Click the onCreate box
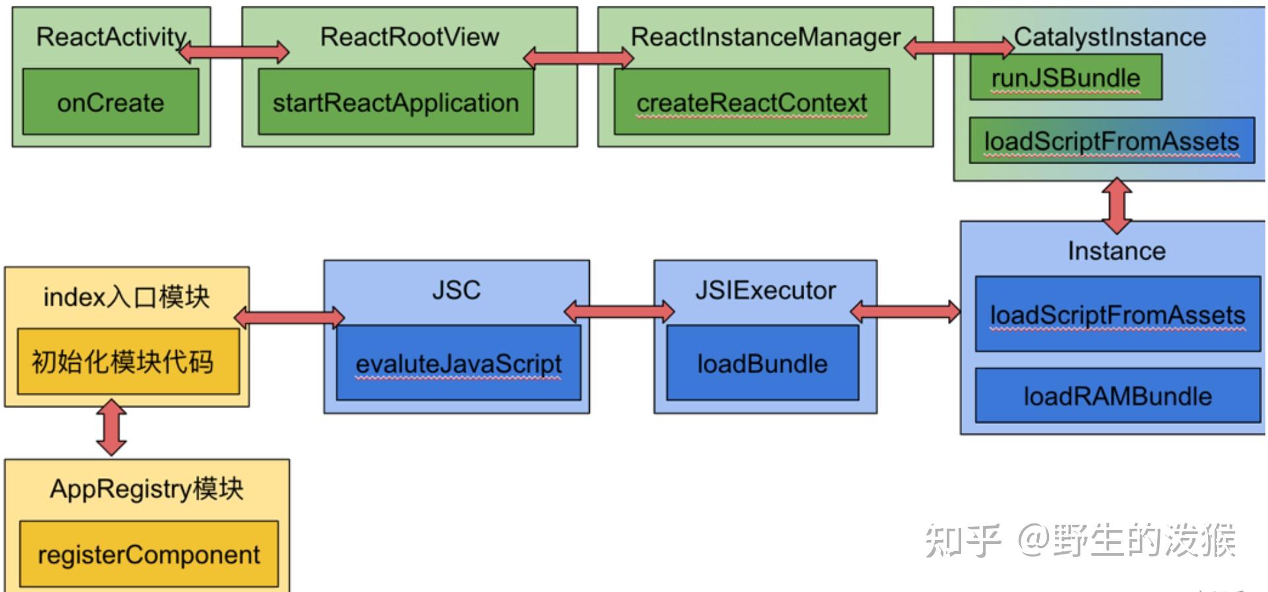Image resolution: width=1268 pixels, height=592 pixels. click(111, 102)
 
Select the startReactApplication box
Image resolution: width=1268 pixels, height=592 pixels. click(396, 102)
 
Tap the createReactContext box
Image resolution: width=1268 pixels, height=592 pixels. click(751, 102)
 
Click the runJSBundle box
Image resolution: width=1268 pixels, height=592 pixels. click(1065, 78)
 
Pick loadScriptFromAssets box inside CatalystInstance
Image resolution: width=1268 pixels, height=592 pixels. click(1112, 140)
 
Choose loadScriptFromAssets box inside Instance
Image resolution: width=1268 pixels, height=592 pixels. click(1118, 314)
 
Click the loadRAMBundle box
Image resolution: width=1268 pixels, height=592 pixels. click(1118, 396)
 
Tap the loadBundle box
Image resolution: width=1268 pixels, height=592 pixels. click(763, 363)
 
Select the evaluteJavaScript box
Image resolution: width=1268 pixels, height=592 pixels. click(459, 363)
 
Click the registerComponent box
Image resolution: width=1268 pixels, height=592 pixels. click(149, 554)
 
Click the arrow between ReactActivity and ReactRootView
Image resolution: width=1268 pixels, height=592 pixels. click(234, 51)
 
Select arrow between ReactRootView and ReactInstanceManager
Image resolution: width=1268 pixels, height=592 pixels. click(578, 58)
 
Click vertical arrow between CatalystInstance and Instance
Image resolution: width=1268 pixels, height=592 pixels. click(1117, 205)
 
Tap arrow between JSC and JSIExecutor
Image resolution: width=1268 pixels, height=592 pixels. click(619, 311)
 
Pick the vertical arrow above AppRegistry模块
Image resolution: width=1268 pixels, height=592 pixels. click(111, 427)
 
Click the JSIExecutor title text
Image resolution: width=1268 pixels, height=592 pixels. click(765, 290)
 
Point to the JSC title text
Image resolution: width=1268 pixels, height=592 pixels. click(457, 290)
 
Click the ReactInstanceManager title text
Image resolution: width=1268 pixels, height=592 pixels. click(765, 37)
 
